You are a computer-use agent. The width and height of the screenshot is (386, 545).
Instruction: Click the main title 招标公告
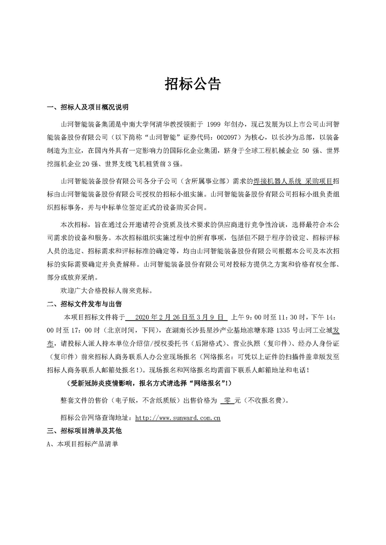193,84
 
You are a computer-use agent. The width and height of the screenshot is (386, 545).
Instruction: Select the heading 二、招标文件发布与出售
84,304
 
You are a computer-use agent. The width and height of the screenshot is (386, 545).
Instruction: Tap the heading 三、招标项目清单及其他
84,431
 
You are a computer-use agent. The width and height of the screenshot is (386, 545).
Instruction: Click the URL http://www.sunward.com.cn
178,418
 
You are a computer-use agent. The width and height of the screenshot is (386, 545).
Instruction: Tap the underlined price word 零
228,400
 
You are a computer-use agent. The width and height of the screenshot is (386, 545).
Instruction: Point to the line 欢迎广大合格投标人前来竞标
106,290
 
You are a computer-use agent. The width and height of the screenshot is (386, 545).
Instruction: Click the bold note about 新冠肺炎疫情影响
149,383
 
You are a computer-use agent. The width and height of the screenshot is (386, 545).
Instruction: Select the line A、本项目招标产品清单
82,444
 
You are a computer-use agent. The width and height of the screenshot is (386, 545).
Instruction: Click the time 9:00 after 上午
253,317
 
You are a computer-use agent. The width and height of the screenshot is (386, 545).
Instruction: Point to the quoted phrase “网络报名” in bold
206,383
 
